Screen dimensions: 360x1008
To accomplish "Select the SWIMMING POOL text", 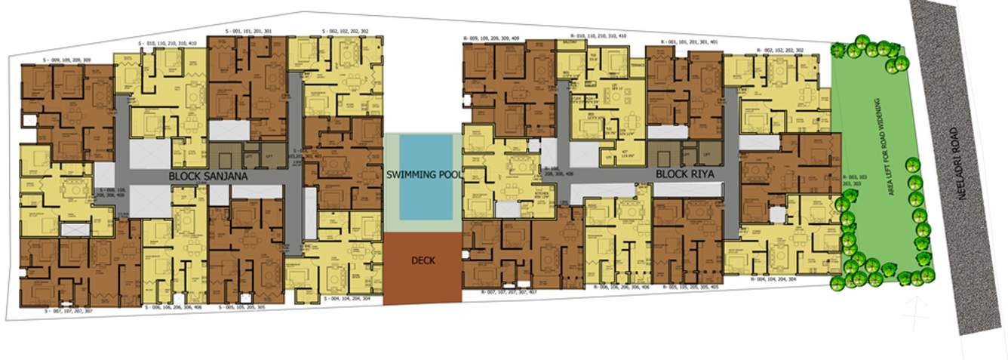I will (x=422, y=174).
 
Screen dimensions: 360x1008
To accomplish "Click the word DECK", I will (x=423, y=260).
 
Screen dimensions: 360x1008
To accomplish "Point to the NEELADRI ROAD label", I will (x=961, y=189).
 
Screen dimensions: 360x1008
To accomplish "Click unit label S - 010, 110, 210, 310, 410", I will (x=167, y=43).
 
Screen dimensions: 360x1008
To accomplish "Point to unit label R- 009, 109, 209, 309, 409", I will (x=501, y=37).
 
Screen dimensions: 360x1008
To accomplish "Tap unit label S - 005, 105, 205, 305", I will (x=241, y=307).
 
